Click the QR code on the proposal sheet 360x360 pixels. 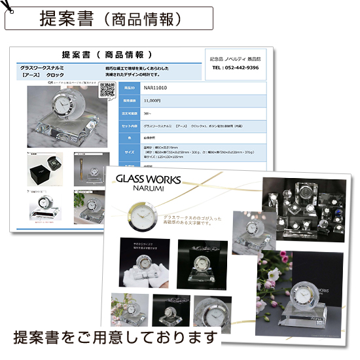(108, 92)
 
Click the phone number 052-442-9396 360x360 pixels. (235, 68)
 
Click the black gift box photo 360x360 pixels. (46, 172)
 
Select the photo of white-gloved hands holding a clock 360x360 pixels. (141, 262)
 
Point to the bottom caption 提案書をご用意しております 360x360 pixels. (115, 338)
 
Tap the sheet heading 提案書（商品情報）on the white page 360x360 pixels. (107, 54)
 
